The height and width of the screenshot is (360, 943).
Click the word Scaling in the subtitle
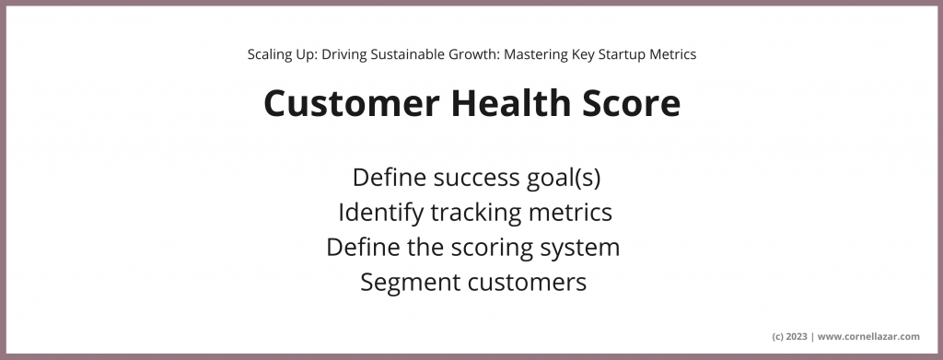(269, 54)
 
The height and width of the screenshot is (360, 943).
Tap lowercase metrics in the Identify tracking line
(569, 213)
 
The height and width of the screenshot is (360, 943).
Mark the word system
(582, 248)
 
